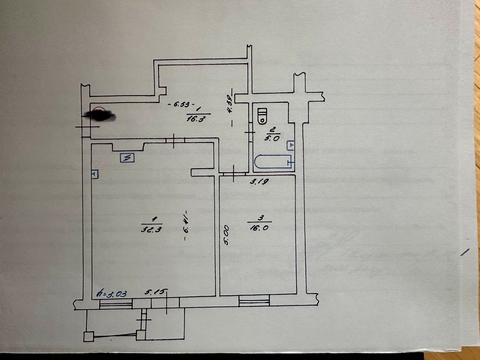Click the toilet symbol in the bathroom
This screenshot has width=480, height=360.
pyautogui.click(x=264, y=112)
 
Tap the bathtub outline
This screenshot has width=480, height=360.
pyautogui.click(x=270, y=160)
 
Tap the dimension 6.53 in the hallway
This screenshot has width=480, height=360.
pyautogui.click(x=185, y=105)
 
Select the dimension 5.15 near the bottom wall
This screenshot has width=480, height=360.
pyautogui.click(x=155, y=293)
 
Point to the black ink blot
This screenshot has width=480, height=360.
pyautogui.click(x=100, y=115)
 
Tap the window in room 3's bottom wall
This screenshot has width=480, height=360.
pyautogui.click(x=257, y=299)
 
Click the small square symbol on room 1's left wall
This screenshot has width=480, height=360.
pyautogui.click(x=93, y=174)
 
